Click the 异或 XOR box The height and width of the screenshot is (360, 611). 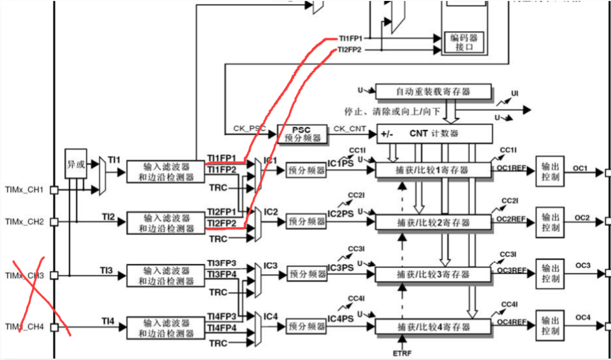(x=76, y=164)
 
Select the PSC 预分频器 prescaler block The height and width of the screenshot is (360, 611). (x=302, y=134)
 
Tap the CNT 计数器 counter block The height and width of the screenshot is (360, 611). (x=434, y=134)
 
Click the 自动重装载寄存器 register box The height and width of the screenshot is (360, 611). (x=433, y=92)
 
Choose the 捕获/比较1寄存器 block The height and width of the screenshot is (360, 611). (x=433, y=170)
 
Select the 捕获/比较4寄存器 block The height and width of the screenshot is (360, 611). (x=433, y=327)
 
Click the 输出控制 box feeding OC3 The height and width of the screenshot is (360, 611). (x=550, y=273)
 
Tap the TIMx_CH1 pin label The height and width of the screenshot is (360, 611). (x=24, y=190)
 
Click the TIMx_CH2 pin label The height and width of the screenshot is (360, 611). (x=24, y=222)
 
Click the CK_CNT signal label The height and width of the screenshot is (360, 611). (x=349, y=128)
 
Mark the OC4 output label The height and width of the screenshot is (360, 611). (x=582, y=318)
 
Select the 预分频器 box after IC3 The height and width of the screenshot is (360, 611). (x=306, y=274)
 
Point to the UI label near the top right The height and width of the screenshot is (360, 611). (x=515, y=93)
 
